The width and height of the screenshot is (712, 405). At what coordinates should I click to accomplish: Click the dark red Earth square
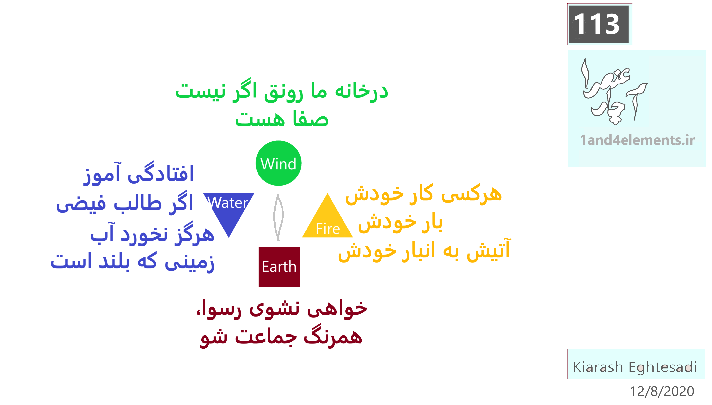click(279, 267)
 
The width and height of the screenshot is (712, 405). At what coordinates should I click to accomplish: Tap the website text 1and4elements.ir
click(637, 140)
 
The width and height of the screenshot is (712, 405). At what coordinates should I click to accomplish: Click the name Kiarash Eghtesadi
click(635, 367)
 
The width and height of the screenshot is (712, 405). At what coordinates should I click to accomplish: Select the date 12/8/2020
click(662, 391)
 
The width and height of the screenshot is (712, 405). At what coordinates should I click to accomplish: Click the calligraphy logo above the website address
click(614, 92)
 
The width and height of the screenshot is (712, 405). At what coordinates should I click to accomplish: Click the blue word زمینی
click(189, 263)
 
